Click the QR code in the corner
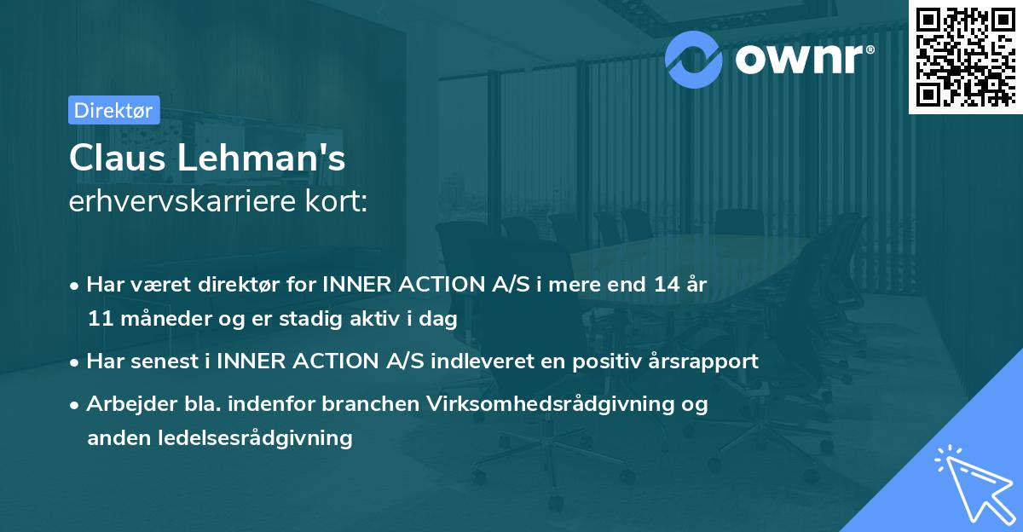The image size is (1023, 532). tap(964, 56)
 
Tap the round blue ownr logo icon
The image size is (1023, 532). tap(694, 57)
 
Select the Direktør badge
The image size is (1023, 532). tap(113, 110)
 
